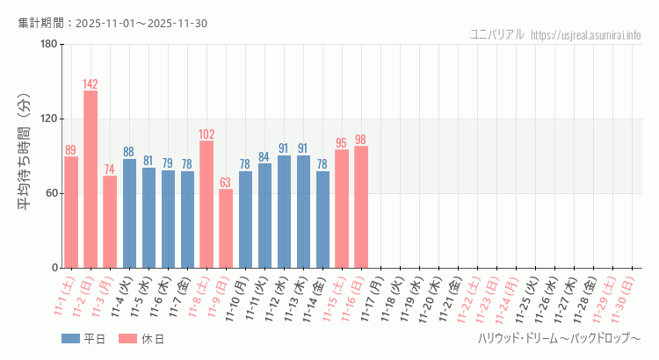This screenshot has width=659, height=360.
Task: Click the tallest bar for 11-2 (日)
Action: tap(91, 179)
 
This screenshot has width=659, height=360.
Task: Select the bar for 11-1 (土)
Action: tap(71, 212)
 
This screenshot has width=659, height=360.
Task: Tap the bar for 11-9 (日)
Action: tap(226, 228)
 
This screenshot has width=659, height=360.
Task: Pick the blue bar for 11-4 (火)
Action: tap(129, 213)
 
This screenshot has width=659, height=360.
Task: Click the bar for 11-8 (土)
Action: tap(206, 204)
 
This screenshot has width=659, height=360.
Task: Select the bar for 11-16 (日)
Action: tap(361, 206)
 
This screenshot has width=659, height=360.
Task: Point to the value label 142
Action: tap(91, 84)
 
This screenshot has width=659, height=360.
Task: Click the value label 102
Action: tap(206, 134)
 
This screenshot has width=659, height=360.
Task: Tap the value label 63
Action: tap(226, 183)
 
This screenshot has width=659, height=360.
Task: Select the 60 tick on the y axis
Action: tap(50, 193)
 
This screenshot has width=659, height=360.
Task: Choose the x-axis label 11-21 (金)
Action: tap(448, 297)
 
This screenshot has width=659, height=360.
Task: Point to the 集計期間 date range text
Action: tap(112, 23)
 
